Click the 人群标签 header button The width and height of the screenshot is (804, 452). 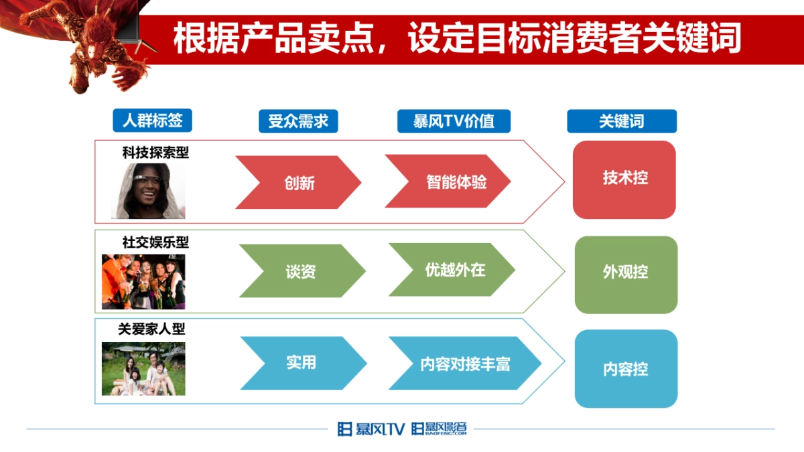pyautogui.click(x=152, y=121)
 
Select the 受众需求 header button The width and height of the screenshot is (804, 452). pyautogui.click(x=298, y=121)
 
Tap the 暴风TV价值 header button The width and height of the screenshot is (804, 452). pyautogui.click(x=454, y=121)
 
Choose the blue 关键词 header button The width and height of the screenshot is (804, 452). pyautogui.click(x=622, y=121)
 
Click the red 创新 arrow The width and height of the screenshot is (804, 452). pyautogui.click(x=299, y=183)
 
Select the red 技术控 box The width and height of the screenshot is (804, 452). pyautogui.click(x=624, y=179)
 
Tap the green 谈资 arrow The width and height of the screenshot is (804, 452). pyautogui.click(x=301, y=271)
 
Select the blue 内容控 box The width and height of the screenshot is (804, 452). pyautogui.click(x=626, y=369)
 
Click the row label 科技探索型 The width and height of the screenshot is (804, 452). pyautogui.click(x=155, y=153)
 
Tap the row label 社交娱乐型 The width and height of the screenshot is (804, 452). pyautogui.click(x=155, y=242)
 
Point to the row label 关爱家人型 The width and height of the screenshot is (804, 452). pyautogui.click(x=151, y=329)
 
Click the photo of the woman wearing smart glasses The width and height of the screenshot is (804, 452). pyautogui.click(x=148, y=192)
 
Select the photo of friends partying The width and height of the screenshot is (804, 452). pyautogui.click(x=143, y=281)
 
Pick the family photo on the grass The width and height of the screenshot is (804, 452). pyautogui.click(x=143, y=369)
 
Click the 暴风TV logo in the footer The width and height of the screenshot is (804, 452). pyautogui.click(x=371, y=429)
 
